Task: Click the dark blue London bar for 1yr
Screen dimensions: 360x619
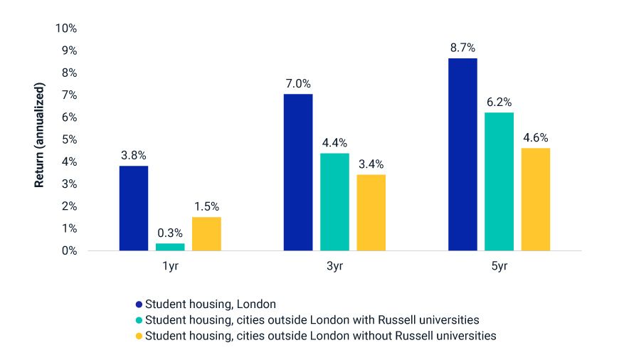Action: tap(134, 208)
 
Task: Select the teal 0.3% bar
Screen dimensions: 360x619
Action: tap(170, 247)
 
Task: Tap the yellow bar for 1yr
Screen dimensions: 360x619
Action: tap(206, 233)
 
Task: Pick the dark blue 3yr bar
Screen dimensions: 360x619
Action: tap(298, 172)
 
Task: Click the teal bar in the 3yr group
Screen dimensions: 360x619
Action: tap(334, 201)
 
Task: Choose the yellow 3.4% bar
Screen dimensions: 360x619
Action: tap(371, 213)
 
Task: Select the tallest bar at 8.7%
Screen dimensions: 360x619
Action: tap(462, 154)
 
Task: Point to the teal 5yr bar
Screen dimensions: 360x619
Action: tap(499, 181)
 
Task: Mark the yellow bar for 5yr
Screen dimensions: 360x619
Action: tap(535, 199)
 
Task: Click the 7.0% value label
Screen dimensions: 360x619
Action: tap(298, 84)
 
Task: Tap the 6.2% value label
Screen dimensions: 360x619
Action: tap(499, 102)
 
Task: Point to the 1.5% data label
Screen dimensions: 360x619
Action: tap(206, 207)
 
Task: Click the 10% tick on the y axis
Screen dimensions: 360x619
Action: tap(66, 28)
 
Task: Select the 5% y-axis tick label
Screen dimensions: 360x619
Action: tap(69, 139)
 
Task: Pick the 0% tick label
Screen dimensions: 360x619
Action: tap(69, 250)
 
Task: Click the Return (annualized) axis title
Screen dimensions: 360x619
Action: tap(40, 135)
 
